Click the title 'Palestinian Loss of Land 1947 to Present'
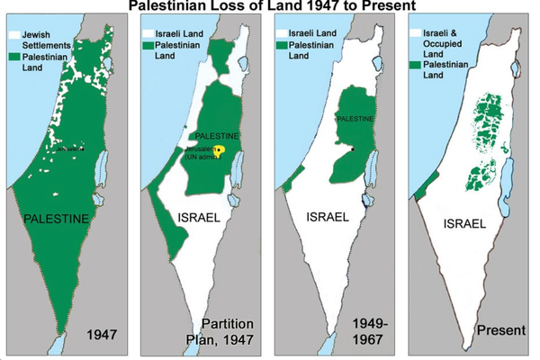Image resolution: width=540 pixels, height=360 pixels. click(x=270, y=6)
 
